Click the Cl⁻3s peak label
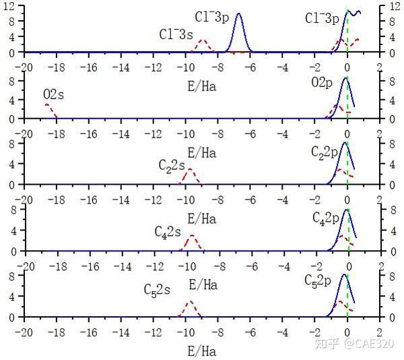[x=177, y=34]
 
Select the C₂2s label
[x=171, y=164]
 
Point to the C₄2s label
[x=168, y=232]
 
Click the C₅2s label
[x=157, y=290]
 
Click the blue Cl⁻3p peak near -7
[x=238, y=15]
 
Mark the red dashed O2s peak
[x=46, y=105]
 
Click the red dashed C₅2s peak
[x=191, y=303]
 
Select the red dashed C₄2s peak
[x=193, y=237]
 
